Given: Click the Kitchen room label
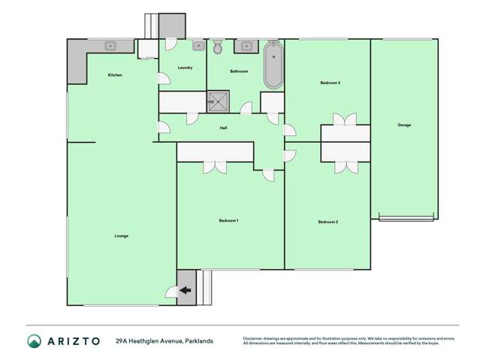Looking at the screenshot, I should [115, 75].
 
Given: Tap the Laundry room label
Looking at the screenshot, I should [185, 68].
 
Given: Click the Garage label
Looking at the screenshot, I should [404, 125].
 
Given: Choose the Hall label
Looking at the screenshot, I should [224, 129].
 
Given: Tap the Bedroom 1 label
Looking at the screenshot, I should [228, 220].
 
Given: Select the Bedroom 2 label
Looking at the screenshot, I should [328, 222].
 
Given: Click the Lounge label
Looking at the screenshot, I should [121, 236].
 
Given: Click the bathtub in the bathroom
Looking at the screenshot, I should [271, 65].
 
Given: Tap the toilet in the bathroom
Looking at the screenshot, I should [218, 48].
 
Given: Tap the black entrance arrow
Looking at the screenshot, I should [185, 290].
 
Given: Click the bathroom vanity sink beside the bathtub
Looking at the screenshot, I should [246, 46].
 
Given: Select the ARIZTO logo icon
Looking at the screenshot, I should [34, 341].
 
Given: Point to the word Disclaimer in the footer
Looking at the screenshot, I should [255, 338].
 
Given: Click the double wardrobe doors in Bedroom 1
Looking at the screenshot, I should [215, 167].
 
